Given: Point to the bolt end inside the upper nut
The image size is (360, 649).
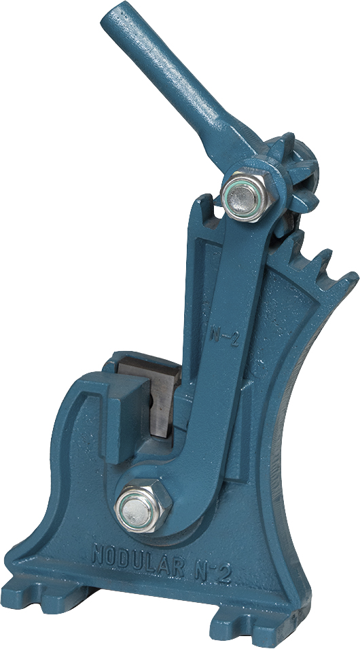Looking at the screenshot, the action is pyautogui.click(x=244, y=198).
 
